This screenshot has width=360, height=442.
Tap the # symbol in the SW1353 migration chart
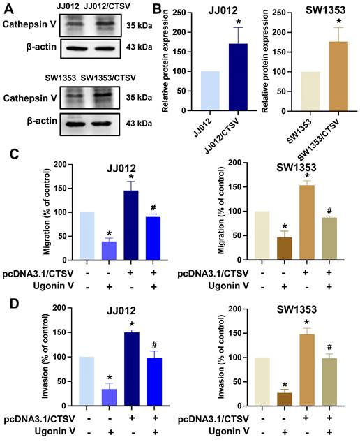click(329, 209)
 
